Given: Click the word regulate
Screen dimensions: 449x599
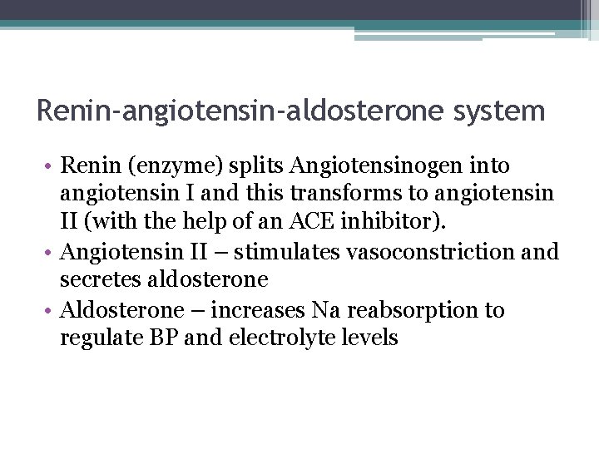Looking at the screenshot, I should coord(98,338).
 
